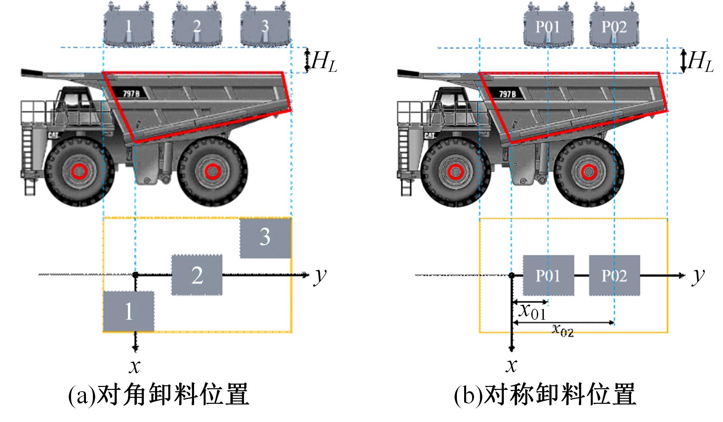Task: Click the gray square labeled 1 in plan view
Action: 129,311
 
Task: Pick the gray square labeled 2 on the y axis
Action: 197,275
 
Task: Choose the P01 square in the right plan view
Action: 548,275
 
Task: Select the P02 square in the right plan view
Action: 615,275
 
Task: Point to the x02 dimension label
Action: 563,330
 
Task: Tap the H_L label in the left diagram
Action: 324,62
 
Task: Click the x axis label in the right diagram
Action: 512,366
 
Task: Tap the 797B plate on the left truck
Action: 131,93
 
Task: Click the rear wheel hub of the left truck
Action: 211,171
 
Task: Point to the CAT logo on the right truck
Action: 429,135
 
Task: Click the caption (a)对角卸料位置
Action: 158,394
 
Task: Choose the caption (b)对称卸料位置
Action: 545,394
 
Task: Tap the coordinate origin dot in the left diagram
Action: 135,275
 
